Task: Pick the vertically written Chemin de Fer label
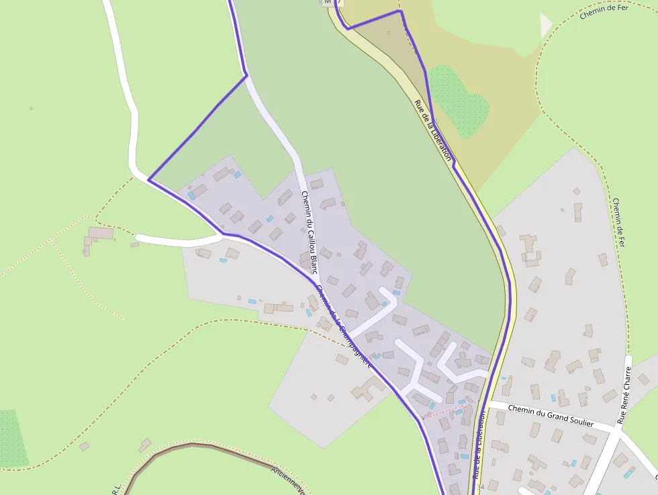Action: [x=618, y=222]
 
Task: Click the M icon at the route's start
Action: [x=328, y=2]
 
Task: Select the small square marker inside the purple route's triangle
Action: [x=388, y=32]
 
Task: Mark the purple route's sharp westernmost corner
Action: [x=148, y=179]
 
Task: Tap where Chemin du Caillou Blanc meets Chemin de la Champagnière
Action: [x=315, y=279]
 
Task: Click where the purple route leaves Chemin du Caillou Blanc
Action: [x=246, y=75]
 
